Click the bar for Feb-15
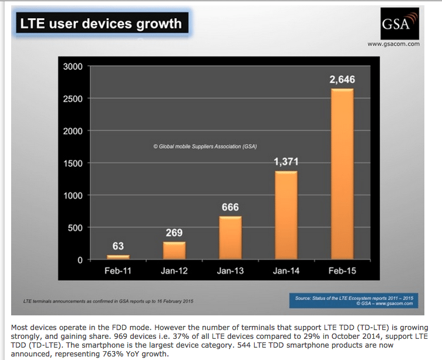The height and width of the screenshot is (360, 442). (x=342, y=174)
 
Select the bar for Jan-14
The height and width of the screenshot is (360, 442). (x=286, y=215)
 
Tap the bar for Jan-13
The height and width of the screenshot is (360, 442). (x=230, y=238)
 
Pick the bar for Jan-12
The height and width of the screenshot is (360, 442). (x=174, y=251)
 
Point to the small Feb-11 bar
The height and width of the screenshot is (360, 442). (x=118, y=257)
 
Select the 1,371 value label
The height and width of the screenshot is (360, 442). (x=286, y=162)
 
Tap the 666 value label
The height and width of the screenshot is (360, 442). (x=230, y=207)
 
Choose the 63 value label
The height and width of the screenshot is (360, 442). (x=118, y=246)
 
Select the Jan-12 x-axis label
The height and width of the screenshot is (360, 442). (x=174, y=271)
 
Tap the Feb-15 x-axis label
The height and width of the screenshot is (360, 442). (x=342, y=271)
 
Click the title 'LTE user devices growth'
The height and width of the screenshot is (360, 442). (x=101, y=24)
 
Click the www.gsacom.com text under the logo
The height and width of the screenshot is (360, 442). (x=393, y=44)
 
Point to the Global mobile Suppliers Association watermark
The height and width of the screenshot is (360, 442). (x=205, y=146)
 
